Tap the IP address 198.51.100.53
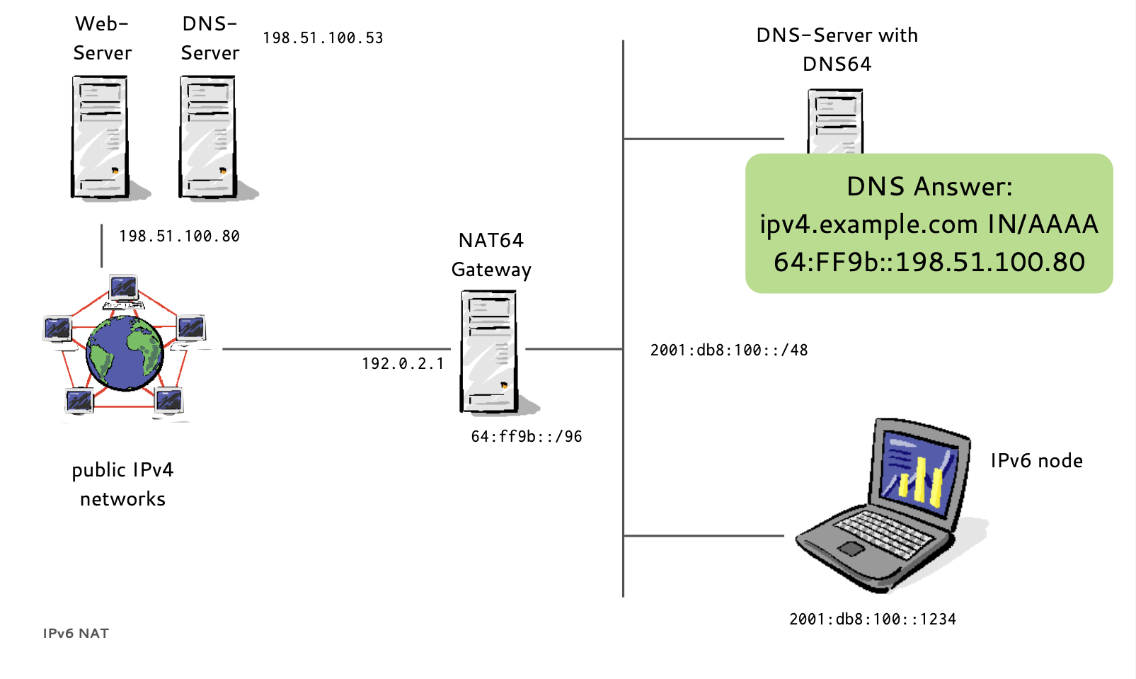[323, 38]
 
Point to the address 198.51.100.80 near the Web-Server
[179, 236]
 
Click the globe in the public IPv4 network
[125, 353]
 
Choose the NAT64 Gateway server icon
[488, 351]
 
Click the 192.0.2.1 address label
[403, 364]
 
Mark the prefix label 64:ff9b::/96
[527, 437]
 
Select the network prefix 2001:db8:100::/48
[729, 350]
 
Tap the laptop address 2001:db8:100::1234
[873, 620]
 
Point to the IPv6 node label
[1036, 461]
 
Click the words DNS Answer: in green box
[929, 187]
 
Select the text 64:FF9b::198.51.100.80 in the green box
[929, 263]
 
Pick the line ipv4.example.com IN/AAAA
[929, 224]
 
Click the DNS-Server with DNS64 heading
[837, 50]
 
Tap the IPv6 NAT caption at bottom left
[76, 634]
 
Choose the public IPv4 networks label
[122, 484]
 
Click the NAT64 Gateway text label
[491, 255]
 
